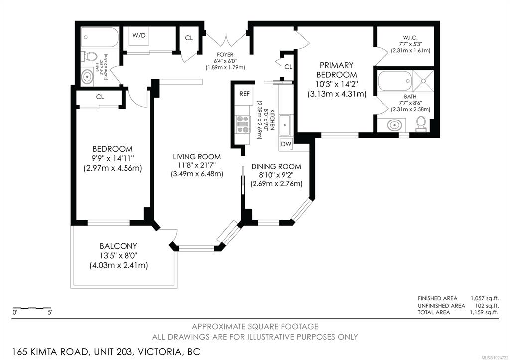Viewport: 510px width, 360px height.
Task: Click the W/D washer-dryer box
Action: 139,36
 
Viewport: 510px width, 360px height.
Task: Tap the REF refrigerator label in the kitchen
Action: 244,94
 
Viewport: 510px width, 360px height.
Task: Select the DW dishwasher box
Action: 286,144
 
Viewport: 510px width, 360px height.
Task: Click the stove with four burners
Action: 243,124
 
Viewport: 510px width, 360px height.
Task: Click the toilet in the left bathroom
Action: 90,56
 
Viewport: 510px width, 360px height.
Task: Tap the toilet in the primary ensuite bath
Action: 421,124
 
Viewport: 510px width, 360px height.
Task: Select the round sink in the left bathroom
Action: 87,77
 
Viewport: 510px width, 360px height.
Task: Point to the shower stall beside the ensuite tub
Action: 423,81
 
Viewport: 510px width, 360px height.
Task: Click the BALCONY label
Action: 119,246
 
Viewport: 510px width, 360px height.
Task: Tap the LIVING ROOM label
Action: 197,157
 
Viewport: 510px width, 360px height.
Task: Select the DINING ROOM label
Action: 276,166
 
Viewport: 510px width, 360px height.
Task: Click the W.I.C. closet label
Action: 410,38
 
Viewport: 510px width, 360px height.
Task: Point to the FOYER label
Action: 225,55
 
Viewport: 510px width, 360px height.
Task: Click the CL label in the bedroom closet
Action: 100,97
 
